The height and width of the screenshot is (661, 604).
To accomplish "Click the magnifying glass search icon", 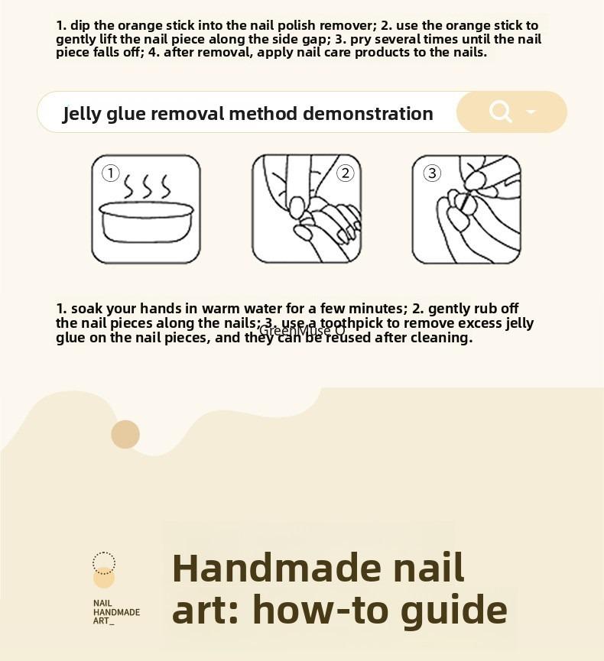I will point(500,112).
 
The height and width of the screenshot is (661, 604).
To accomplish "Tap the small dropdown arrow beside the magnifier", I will point(531,112).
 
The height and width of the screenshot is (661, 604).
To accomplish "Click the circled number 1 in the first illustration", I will point(111,173).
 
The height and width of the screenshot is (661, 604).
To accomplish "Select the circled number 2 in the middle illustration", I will point(346,173).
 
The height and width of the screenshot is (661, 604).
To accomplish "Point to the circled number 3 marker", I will point(432,173).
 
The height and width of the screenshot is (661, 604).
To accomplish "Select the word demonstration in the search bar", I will point(368,114).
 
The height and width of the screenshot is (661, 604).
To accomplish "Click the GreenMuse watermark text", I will point(302,331).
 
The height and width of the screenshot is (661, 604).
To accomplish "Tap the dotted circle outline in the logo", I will point(104,562).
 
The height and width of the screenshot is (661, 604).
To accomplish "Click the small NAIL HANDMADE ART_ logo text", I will point(116,612).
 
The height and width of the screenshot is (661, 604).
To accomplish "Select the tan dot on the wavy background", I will point(125,434).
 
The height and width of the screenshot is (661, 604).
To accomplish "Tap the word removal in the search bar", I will point(187,114).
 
